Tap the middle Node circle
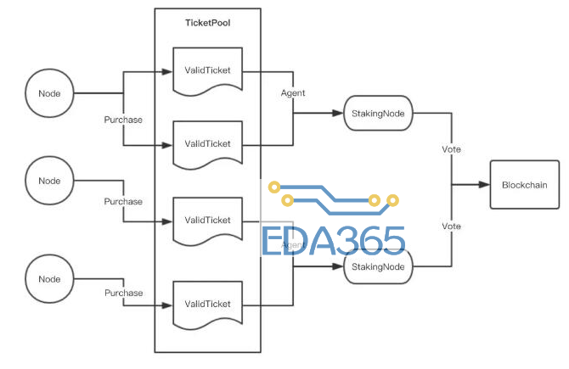point(49,180)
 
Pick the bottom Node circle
point(49,278)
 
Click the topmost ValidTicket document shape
point(208,70)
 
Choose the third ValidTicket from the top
point(208,220)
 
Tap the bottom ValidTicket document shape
point(208,304)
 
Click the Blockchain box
point(524,185)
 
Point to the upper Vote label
point(452,149)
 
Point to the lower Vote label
point(452,226)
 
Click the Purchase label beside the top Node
point(123,120)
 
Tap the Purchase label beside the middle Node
point(123,201)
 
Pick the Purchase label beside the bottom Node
point(123,293)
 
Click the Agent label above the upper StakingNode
point(293,92)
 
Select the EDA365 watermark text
point(333,242)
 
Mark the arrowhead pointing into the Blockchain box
point(485,185)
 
